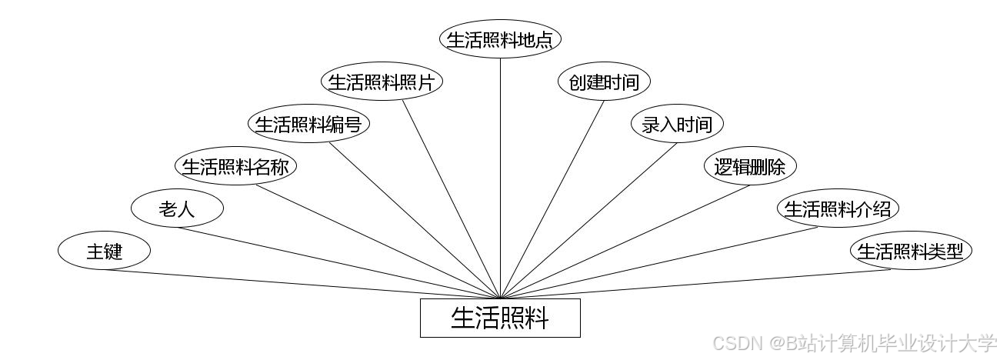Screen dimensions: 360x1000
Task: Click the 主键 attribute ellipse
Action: click(104, 251)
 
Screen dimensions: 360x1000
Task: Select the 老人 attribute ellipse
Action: click(177, 208)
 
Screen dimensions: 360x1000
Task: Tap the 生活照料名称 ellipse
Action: click(235, 167)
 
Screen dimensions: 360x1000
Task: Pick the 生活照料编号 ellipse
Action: click(308, 125)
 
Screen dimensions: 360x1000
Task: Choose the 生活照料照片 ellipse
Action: click(382, 82)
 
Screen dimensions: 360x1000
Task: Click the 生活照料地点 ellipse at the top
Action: click(500, 40)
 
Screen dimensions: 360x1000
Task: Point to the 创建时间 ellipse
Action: click(604, 82)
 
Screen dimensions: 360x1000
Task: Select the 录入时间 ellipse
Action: click(677, 125)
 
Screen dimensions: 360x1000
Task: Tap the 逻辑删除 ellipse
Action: click(750, 167)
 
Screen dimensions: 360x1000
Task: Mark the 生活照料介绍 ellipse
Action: click(838, 208)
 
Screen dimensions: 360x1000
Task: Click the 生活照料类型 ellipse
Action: click(911, 251)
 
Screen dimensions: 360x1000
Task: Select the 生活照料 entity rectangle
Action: click(500, 318)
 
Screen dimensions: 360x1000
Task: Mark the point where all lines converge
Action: click(500, 298)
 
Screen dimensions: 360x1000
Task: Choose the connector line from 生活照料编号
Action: click(415, 220)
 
